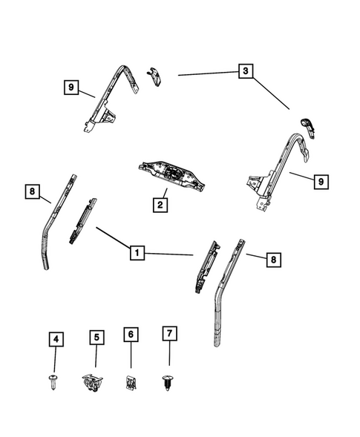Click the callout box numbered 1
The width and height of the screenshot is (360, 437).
point(136,253)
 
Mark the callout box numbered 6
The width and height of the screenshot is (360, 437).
point(131,335)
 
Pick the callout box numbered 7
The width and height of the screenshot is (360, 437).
point(168,334)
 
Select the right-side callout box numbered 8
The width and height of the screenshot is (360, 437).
point(273,260)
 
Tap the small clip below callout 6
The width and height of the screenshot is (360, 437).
point(130,382)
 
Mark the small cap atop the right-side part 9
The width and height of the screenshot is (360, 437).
point(308,126)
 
